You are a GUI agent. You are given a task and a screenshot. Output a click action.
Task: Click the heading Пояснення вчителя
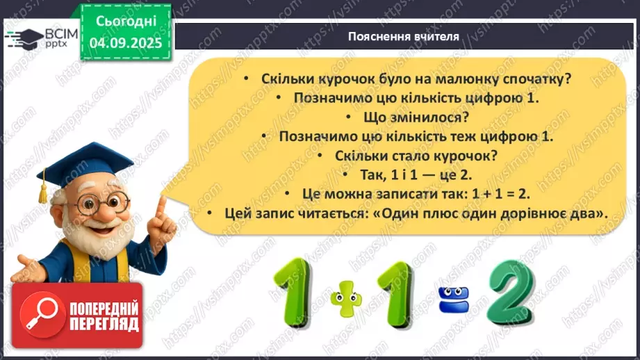pos(403,37)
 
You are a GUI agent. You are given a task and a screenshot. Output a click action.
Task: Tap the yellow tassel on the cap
pos(42,186)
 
